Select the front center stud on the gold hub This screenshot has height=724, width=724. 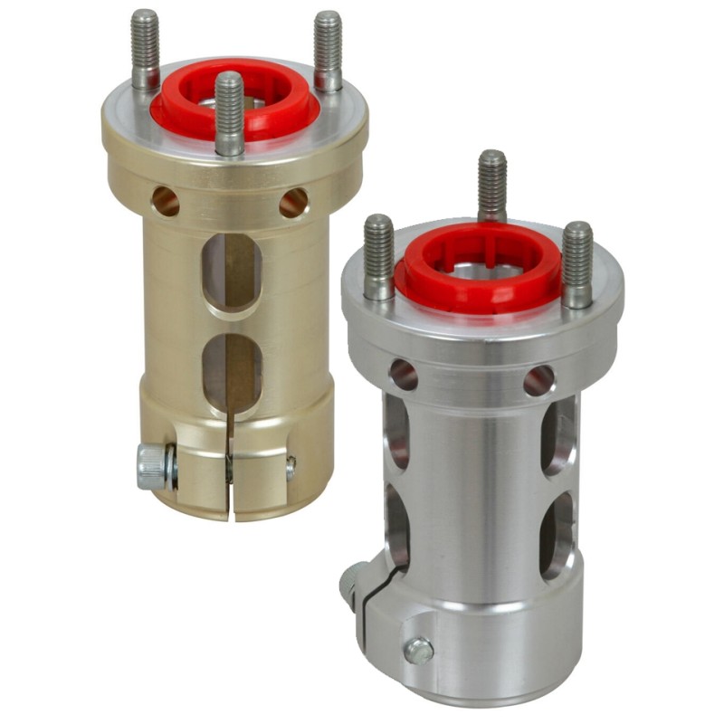(x=229, y=113)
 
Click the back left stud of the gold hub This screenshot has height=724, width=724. (x=145, y=50)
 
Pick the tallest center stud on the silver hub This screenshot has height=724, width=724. (x=491, y=186)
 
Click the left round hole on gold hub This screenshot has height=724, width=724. (x=166, y=201)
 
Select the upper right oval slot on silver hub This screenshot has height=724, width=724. (x=557, y=435)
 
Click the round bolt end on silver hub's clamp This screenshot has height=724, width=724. (x=418, y=649)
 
